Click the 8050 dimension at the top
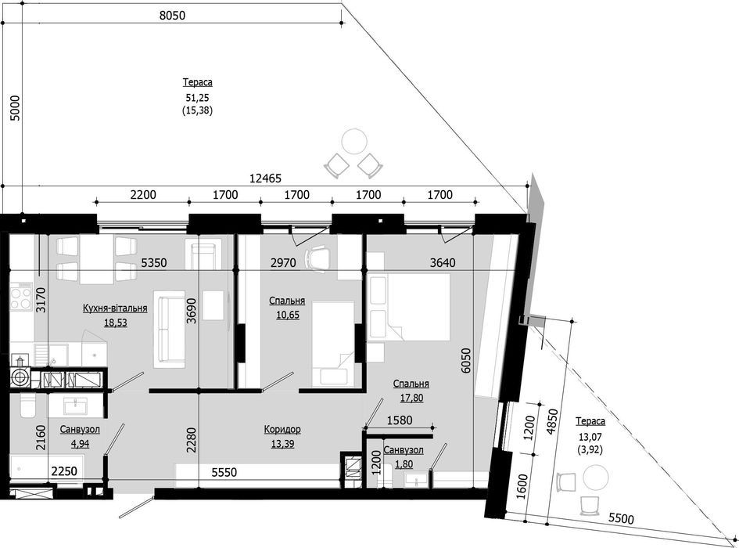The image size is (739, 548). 172,15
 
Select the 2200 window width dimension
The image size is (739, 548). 143,194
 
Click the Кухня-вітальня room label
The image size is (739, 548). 115,308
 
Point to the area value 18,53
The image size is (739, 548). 116,323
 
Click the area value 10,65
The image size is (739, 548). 288,315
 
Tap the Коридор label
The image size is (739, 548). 282,430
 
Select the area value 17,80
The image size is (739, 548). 411,398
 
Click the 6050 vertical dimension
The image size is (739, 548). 465,361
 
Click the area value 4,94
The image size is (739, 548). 80,444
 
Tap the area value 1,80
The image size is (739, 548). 404,464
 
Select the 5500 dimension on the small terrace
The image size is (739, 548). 621,519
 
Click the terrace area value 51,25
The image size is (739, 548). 197,98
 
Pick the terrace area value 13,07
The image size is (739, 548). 589,437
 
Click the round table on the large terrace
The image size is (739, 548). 353,140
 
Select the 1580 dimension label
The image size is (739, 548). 399,420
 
